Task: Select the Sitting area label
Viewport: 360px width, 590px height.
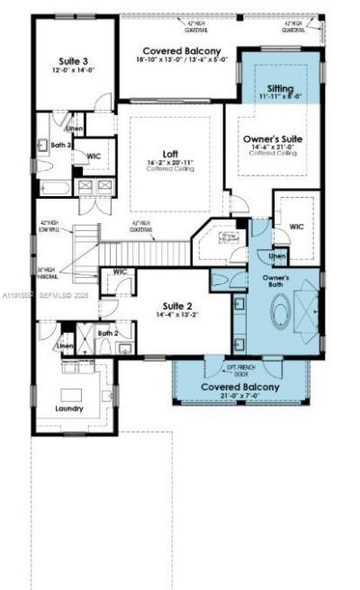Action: [281, 90]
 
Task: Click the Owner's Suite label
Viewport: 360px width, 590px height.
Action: [272, 139]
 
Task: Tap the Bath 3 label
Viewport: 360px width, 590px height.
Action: [62, 145]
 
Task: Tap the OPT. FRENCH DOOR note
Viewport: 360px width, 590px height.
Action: [241, 371]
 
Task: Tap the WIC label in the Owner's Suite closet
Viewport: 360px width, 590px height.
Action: [296, 227]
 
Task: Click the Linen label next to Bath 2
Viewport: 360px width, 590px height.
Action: [65, 346]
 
